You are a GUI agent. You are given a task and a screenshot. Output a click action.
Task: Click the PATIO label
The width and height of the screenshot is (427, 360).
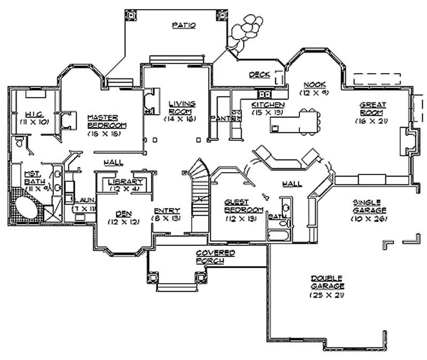click(x=184, y=25)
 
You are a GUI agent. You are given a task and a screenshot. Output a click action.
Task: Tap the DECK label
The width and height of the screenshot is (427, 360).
click(x=260, y=75)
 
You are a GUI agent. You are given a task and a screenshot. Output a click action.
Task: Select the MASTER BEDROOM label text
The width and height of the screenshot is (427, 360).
click(x=102, y=121)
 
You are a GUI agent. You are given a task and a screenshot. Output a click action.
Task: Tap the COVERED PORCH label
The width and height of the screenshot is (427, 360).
click(x=215, y=256)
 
